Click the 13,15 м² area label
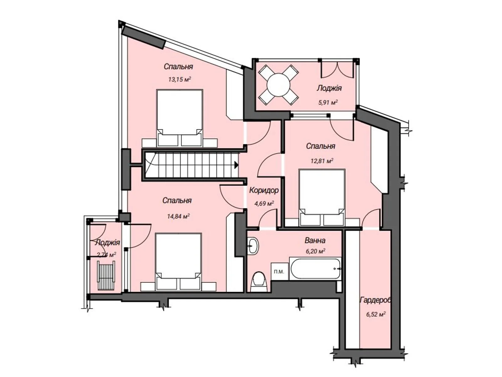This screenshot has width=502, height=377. tap(179, 79)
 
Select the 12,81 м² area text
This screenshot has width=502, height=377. tap(322, 161)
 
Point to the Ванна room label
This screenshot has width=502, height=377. tap(315, 240)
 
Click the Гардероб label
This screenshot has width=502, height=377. tap(375, 300)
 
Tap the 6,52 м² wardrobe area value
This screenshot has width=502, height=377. tap(376, 314)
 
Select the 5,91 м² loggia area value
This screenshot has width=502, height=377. tap(328, 102)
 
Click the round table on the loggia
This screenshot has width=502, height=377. tap(278, 85)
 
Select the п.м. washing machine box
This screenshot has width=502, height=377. tap(279, 272)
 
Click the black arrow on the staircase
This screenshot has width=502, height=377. tap(236, 165)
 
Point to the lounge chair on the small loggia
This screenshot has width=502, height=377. tap(106, 276)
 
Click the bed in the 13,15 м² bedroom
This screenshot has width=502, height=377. tap(179, 118)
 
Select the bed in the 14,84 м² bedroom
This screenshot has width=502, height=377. tap(179, 262)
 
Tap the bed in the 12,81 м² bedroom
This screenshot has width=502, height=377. tap(322, 198)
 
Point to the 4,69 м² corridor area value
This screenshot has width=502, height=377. tap(264, 203)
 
